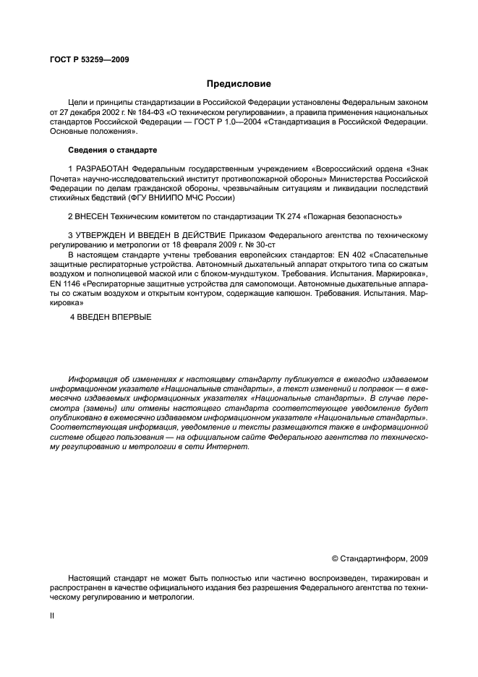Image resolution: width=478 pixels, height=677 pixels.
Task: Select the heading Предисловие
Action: pos(239,84)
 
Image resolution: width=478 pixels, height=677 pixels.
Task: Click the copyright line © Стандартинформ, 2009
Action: pos(379,558)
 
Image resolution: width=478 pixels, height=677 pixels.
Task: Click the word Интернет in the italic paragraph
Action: pos(229,447)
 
